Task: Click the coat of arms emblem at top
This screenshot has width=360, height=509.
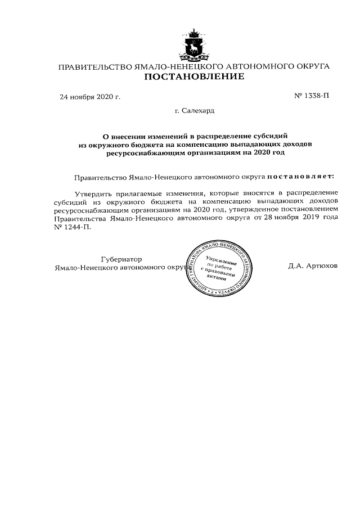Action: [194, 44]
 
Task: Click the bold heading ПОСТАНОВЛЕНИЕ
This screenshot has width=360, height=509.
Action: [194, 77]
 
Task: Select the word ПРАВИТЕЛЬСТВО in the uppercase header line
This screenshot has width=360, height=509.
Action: [94, 66]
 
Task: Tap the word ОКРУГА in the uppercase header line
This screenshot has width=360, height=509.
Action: [308, 66]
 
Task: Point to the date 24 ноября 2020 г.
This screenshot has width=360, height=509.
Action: [90, 97]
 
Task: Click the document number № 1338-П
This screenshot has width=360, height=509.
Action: [312, 96]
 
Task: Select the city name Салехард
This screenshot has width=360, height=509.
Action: [197, 111]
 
